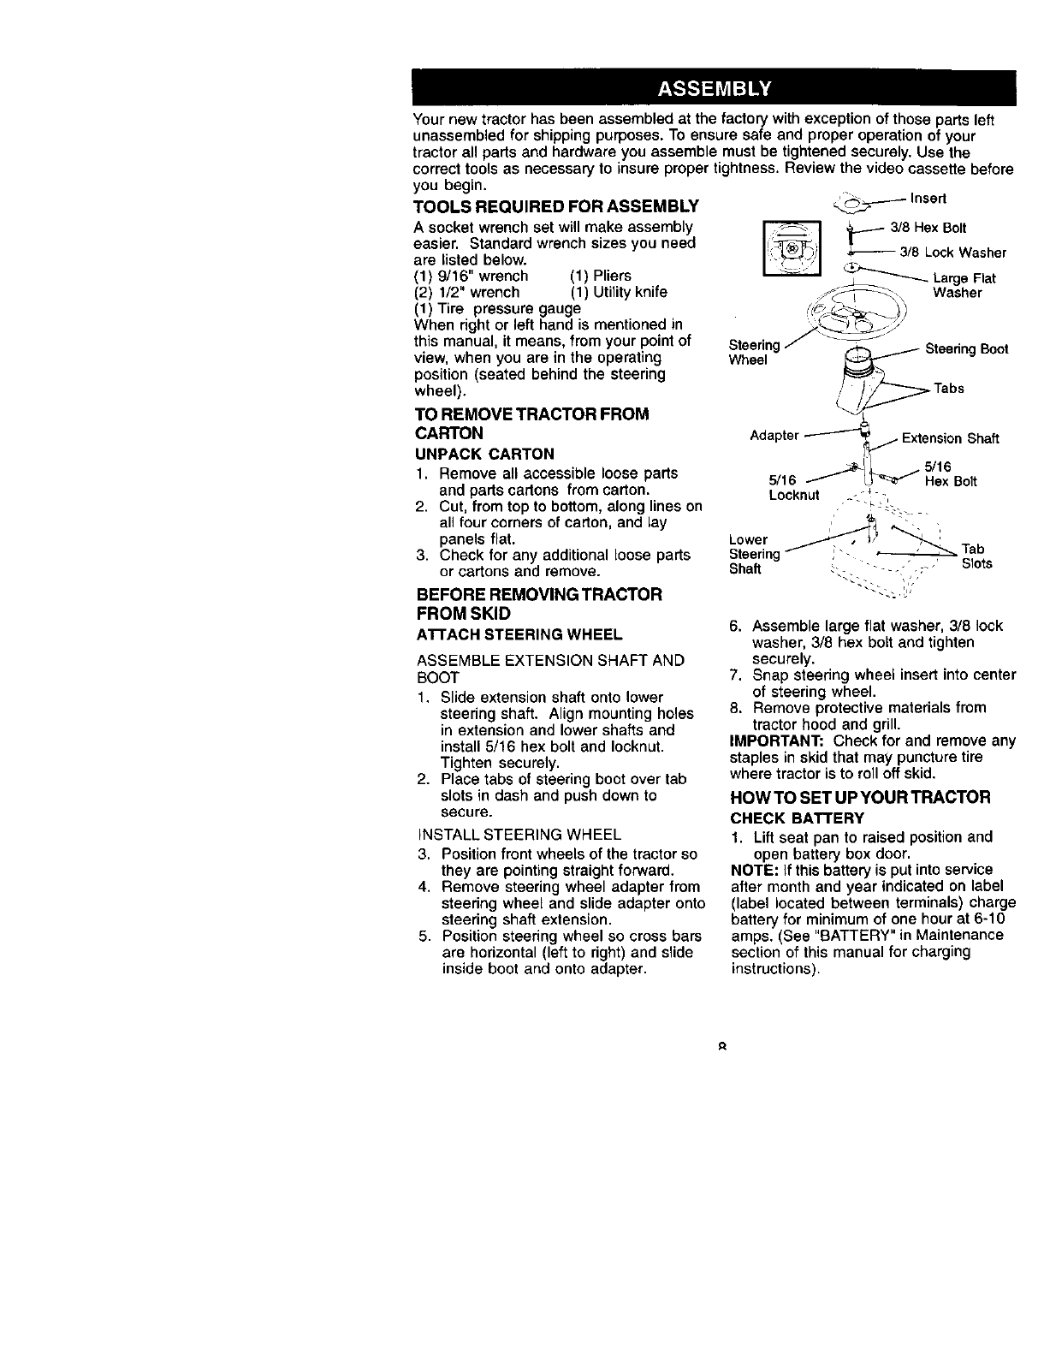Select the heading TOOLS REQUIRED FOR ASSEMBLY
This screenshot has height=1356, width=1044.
[x=555, y=207]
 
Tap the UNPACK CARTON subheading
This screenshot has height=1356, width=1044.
[x=483, y=453]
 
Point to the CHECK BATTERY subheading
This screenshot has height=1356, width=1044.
[x=786, y=818]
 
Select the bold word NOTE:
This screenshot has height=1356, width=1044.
[x=750, y=870]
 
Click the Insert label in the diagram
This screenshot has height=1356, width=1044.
[x=928, y=199]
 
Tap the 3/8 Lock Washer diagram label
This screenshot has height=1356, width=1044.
[x=952, y=253]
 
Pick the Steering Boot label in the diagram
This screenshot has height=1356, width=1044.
[x=967, y=348]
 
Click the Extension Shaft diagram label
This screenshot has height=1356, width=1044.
[x=951, y=439]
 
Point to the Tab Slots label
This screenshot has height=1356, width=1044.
[x=976, y=556]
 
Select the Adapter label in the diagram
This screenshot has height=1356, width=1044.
[x=774, y=436]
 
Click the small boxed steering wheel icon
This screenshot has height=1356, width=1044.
[x=792, y=248]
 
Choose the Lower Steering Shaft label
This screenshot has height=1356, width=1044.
[x=754, y=555]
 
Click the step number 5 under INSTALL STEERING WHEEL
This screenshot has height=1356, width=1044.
[x=423, y=936]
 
